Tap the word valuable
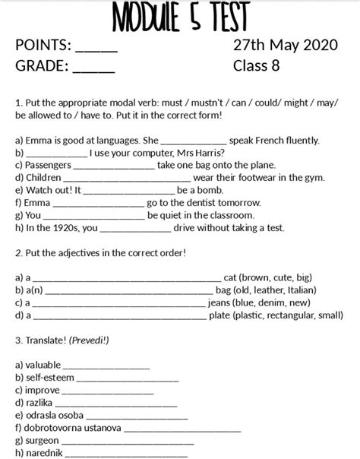[x=43, y=366]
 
